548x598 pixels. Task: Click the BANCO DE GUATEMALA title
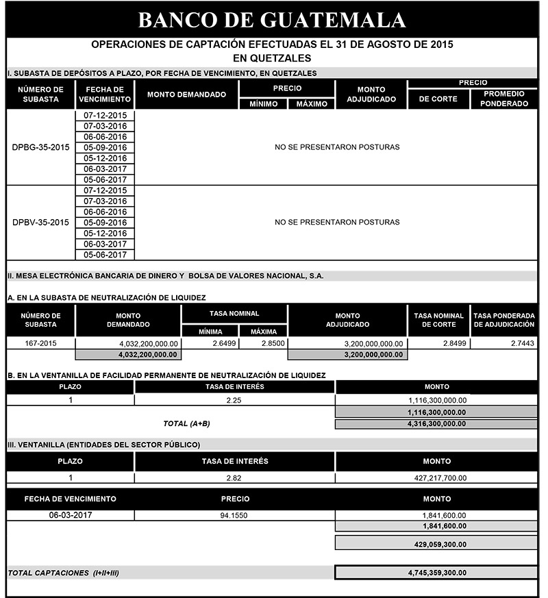(272, 19)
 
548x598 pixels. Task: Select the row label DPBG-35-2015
(40, 147)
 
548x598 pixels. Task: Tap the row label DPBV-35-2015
(40, 223)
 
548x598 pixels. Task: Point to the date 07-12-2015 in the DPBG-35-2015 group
(105, 115)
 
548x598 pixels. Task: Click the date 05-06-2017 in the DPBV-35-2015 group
(105, 255)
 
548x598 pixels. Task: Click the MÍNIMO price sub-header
(262, 104)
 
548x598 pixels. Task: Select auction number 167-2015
(40, 343)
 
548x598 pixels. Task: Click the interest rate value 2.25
(235, 400)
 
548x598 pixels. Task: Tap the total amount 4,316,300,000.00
(436, 424)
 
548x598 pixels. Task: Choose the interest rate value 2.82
(235, 478)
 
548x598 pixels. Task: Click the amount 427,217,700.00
(436, 478)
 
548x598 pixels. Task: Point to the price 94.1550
(235, 515)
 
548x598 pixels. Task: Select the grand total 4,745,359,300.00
(436, 572)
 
